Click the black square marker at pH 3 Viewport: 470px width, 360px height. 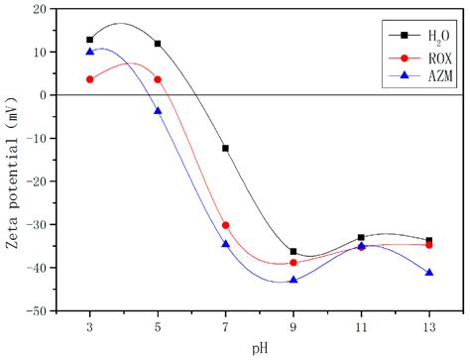90,40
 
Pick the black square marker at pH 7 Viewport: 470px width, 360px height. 226,148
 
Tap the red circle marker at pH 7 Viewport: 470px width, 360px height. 226,225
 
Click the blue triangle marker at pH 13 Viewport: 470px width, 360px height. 429,272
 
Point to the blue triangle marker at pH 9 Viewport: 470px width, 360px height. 294,280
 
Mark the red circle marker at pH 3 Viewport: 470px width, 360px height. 90,79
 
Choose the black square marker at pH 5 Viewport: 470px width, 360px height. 158,44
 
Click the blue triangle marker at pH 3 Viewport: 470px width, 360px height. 90,52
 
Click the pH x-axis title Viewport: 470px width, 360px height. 260,347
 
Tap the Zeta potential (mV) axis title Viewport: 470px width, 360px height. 13,159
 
